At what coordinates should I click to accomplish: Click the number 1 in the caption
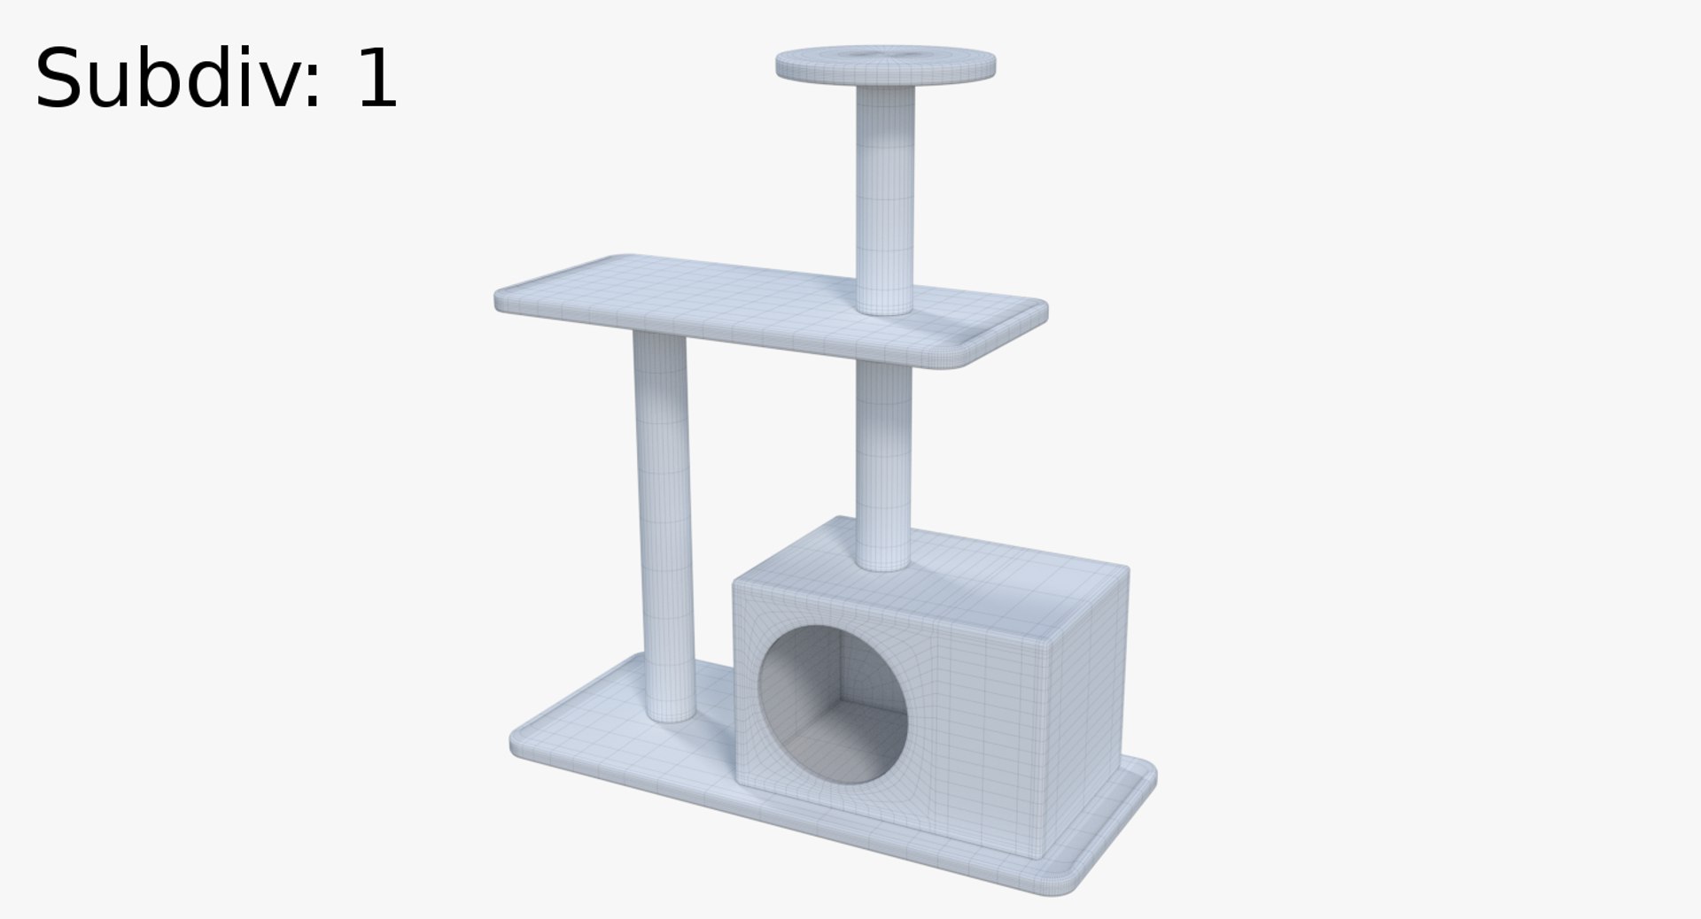pos(376,80)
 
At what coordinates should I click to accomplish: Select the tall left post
pos(663,522)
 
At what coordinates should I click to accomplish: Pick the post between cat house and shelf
pos(883,460)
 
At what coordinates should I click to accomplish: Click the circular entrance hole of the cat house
pos(833,704)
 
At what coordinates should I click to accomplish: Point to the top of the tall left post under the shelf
pos(659,341)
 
